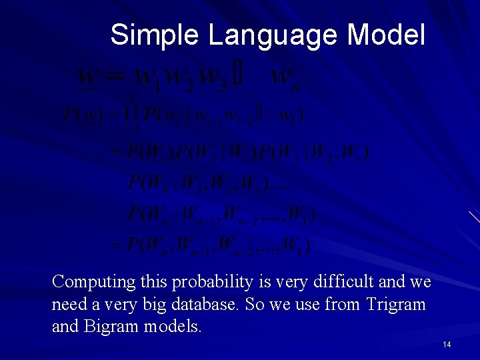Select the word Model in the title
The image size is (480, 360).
(x=386, y=35)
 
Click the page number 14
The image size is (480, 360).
(x=447, y=344)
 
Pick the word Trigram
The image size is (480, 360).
(x=395, y=305)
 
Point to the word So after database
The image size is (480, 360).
(x=254, y=305)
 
